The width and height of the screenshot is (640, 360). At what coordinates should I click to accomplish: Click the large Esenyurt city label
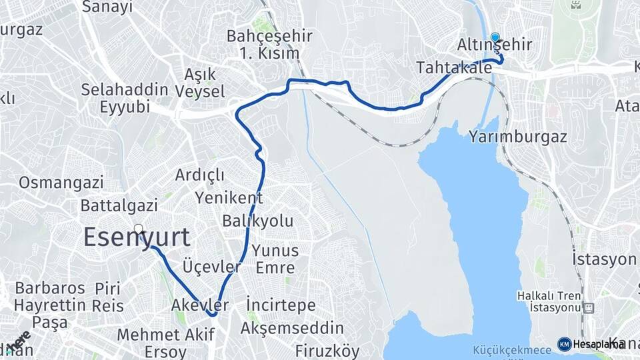(x=137, y=238)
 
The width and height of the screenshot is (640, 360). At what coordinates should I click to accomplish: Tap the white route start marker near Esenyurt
(x=138, y=229)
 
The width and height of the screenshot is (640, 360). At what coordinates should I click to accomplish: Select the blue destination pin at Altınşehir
(x=495, y=38)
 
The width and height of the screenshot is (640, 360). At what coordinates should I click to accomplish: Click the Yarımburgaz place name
(x=517, y=137)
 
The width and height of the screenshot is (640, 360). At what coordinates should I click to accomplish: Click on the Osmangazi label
(x=61, y=183)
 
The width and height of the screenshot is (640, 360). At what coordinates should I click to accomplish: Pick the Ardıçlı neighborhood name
(x=200, y=175)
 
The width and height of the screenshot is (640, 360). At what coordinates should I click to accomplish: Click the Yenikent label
(x=229, y=197)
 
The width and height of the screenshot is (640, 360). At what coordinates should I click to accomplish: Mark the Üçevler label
(x=212, y=267)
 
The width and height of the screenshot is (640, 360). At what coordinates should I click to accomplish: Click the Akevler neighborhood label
(x=200, y=305)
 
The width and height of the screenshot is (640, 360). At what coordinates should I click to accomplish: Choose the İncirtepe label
(x=281, y=305)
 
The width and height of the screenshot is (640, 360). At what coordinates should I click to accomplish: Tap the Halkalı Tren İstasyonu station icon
(x=589, y=308)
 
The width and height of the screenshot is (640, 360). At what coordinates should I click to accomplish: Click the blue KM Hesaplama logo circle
(x=564, y=344)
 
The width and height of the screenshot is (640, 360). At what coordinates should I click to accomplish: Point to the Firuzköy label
(x=327, y=351)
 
